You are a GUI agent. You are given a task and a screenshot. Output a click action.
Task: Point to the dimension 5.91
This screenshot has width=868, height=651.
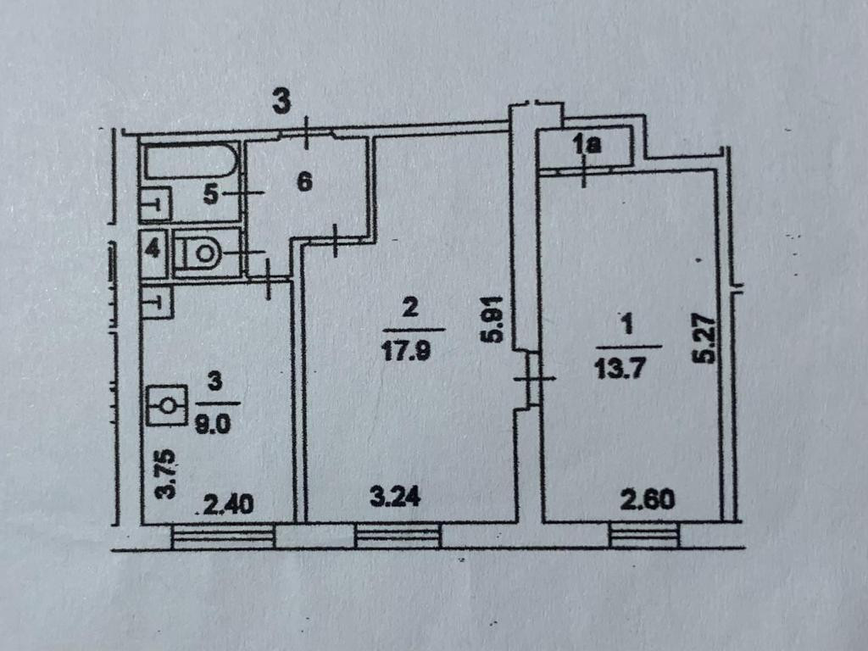click(x=498, y=318)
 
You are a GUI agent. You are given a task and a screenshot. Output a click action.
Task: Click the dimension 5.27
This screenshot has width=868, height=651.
click(x=704, y=340)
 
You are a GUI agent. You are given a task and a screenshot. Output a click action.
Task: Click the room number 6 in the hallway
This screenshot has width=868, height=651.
click(x=305, y=181)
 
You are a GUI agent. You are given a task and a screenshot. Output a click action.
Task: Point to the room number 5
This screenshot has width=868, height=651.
click(x=212, y=195)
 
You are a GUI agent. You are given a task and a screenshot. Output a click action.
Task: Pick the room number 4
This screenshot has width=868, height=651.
click(x=153, y=251)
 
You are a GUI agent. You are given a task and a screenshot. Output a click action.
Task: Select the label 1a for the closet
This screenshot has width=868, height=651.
click(x=586, y=146)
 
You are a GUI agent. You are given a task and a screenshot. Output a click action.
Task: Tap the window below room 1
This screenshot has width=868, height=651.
click(x=643, y=535)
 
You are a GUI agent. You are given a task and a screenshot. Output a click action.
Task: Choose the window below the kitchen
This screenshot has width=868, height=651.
click(x=224, y=537)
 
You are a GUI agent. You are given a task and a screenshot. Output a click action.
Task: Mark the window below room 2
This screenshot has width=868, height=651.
click(x=398, y=536)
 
